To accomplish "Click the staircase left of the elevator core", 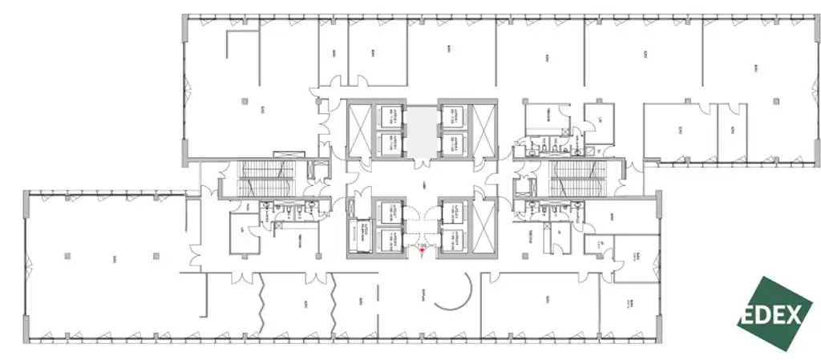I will pos(258,178).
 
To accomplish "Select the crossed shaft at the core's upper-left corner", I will pos(360,130).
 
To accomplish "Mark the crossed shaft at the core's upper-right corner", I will pos(484,130).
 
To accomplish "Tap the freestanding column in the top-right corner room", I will pos(775,99).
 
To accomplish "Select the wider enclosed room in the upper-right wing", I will pos(678,131).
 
